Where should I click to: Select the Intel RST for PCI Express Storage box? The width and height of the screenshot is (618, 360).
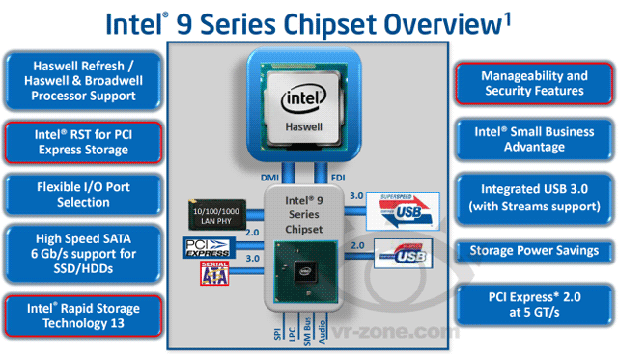click(x=83, y=141)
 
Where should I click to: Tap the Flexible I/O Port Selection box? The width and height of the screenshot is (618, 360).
click(x=83, y=194)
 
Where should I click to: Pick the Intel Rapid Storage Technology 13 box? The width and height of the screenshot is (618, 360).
click(x=83, y=316)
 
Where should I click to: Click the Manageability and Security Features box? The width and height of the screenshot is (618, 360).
click(x=534, y=83)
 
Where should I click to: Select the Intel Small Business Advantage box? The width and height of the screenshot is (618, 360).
click(x=534, y=139)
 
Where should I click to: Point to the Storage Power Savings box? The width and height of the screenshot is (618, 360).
click(x=534, y=251)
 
